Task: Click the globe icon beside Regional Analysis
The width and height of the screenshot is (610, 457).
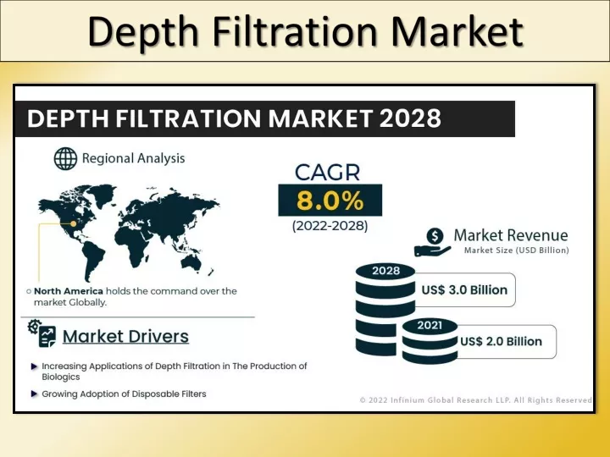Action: (x=65, y=158)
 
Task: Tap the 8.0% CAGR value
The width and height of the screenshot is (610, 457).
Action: (x=330, y=201)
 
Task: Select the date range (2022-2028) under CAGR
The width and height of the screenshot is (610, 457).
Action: (x=330, y=226)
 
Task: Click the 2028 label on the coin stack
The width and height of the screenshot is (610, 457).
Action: (x=385, y=271)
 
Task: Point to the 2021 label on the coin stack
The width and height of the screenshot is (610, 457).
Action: (x=430, y=325)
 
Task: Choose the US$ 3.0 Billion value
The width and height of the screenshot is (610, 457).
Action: (x=464, y=290)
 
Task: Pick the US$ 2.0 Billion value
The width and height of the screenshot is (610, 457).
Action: (x=501, y=341)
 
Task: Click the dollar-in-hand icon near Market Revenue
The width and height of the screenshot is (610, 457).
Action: (x=433, y=242)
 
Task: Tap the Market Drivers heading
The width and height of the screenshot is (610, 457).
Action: (x=125, y=337)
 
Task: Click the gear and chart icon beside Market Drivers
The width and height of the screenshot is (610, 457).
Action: (x=42, y=333)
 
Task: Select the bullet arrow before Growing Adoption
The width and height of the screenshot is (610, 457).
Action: (x=34, y=394)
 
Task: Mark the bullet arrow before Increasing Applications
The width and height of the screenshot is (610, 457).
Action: (x=34, y=366)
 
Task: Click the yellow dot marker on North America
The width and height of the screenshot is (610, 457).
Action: (x=73, y=223)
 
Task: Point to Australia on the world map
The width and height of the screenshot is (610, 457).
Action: (x=191, y=263)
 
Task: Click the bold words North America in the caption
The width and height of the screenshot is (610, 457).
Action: (x=69, y=291)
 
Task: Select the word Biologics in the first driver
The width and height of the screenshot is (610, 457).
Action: (x=61, y=377)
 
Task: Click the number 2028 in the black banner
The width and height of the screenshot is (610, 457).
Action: (x=410, y=118)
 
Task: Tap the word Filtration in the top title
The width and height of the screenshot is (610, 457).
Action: (x=296, y=31)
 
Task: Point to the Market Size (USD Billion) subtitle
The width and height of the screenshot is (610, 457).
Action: (x=516, y=251)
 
